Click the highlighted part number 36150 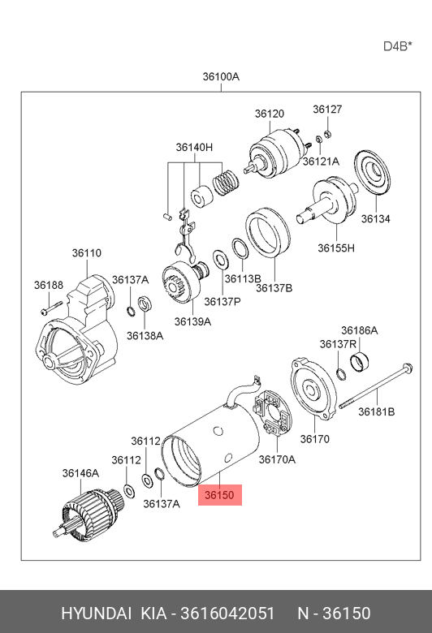219,494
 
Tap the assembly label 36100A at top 221,76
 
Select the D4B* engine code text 398,46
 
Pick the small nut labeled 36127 328,133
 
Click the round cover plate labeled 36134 373,174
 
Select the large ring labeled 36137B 267,232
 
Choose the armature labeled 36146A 88,514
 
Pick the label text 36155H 336,248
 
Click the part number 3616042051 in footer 227,613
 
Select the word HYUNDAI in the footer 96,613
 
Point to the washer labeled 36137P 221,261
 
